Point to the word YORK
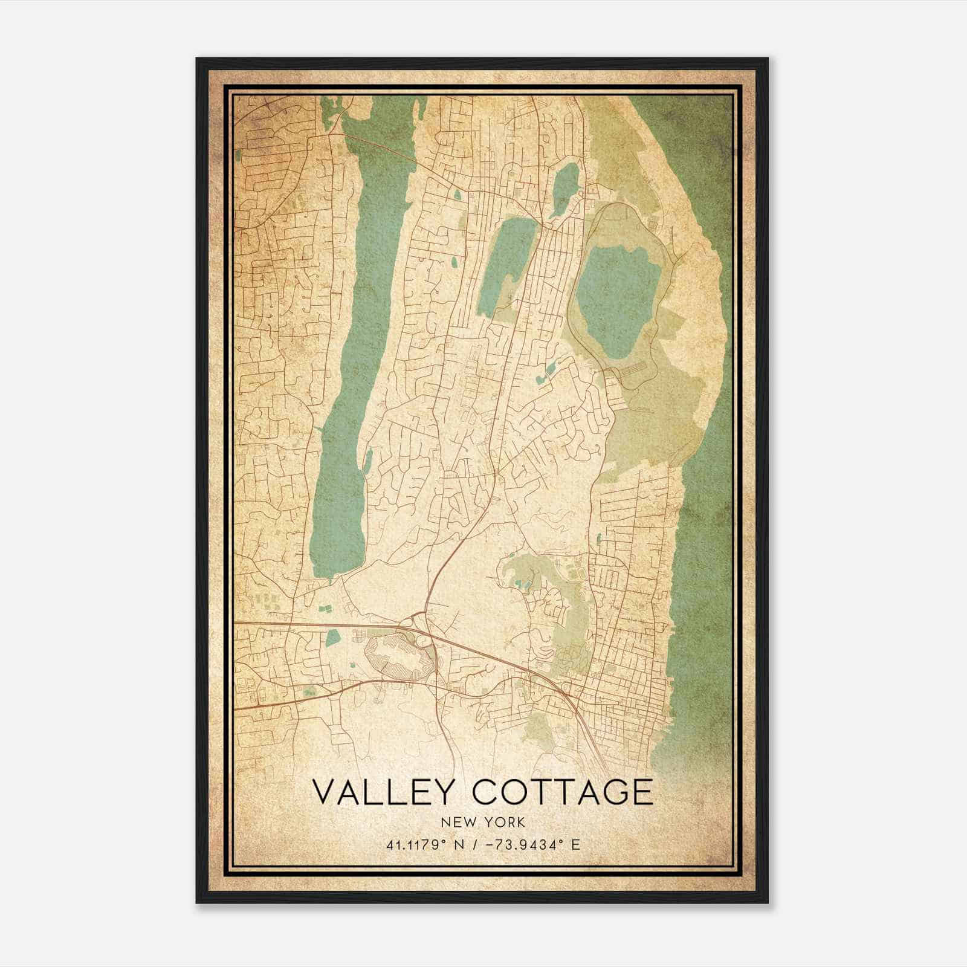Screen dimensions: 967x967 (503, 822)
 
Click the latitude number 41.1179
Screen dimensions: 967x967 (413, 844)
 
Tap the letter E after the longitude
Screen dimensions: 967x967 (576, 844)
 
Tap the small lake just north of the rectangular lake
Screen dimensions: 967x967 (565, 187)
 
